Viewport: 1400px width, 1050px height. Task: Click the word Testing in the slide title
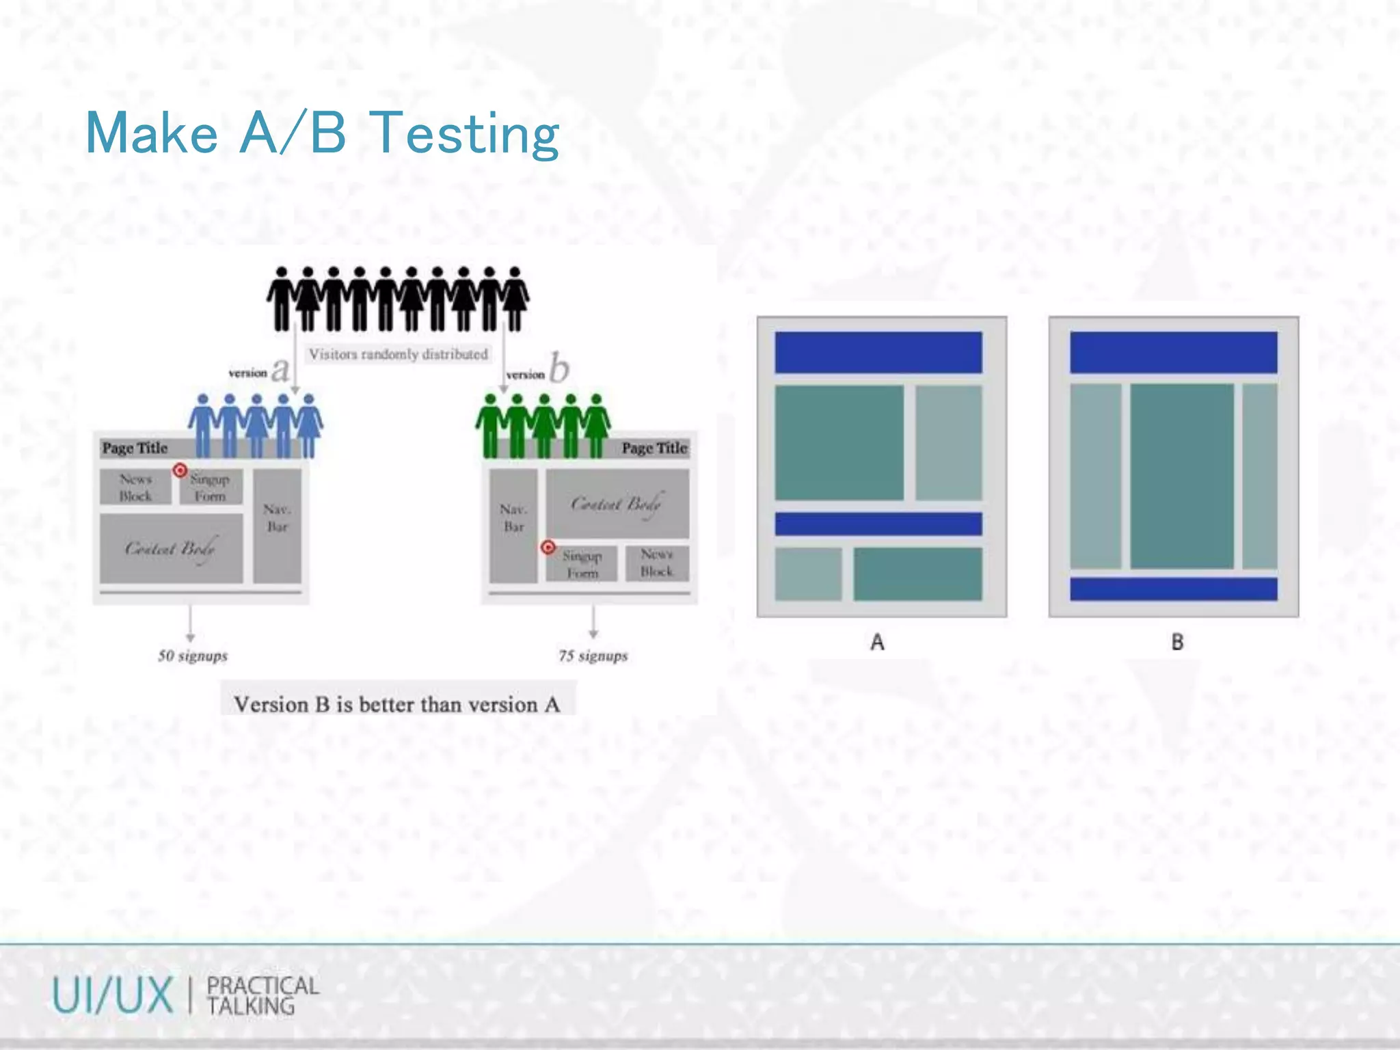click(x=465, y=134)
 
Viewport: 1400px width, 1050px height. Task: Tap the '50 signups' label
click(x=193, y=656)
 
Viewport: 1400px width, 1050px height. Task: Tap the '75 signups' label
click(x=593, y=656)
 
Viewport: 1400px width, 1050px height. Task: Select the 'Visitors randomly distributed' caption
click(x=398, y=354)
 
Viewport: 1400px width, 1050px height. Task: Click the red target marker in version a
click(x=180, y=470)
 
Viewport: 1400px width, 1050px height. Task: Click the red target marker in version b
click(x=548, y=548)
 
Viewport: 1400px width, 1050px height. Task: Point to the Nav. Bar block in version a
click(x=277, y=525)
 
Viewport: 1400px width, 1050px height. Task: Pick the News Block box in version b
click(x=656, y=563)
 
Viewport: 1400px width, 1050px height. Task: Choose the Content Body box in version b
click(x=617, y=504)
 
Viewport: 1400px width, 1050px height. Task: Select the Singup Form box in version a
click(x=211, y=487)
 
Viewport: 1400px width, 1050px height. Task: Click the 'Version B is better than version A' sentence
click(x=397, y=704)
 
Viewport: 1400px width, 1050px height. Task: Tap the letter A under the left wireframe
click(x=878, y=642)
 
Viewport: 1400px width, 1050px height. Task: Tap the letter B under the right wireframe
click(x=1177, y=642)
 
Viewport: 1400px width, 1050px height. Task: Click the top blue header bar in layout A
click(x=878, y=353)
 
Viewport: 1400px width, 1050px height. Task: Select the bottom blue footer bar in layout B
click(x=1173, y=589)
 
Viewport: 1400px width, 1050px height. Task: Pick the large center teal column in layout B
click(x=1181, y=476)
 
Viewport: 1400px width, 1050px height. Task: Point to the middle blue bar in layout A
click(x=878, y=524)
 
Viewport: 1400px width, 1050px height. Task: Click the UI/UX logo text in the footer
click(x=113, y=995)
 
